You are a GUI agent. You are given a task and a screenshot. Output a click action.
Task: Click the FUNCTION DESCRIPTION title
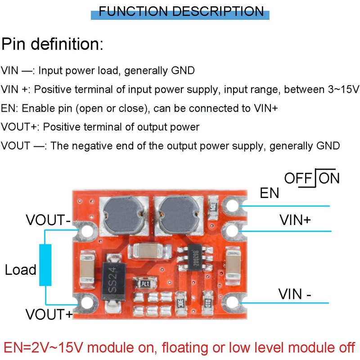pyautogui.click(x=181, y=11)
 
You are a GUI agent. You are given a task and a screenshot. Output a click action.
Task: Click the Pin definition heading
pyautogui.click(x=52, y=44)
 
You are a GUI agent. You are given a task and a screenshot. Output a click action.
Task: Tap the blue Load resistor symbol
pyautogui.click(x=45, y=265)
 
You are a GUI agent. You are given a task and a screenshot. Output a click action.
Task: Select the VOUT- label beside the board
pyautogui.click(x=48, y=220)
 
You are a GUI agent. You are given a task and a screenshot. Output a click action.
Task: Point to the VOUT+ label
pyautogui.click(x=49, y=314)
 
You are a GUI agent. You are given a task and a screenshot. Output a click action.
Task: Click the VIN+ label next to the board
pyautogui.click(x=295, y=220)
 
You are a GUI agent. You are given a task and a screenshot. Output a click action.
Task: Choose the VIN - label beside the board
pyautogui.click(x=295, y=294)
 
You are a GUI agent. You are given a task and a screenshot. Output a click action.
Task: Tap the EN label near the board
pyautogui.click(x=269, y=193)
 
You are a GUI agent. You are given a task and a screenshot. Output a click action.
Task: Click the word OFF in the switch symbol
pyautogui.click(x=298, y=178)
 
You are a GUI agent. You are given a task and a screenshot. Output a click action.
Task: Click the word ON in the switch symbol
pyautogui.click(x=329, y=178)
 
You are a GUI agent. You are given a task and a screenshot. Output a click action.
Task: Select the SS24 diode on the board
pyautogui.click(x=113, y=282)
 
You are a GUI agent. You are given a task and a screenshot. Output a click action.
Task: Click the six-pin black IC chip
pyautogui.click(x=195, y=257)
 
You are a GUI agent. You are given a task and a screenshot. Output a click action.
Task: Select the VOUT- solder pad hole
pyautogui.click(x=87, y=231)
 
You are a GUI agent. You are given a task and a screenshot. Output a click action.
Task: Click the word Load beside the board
pyautogui.click(x=21, y=270)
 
